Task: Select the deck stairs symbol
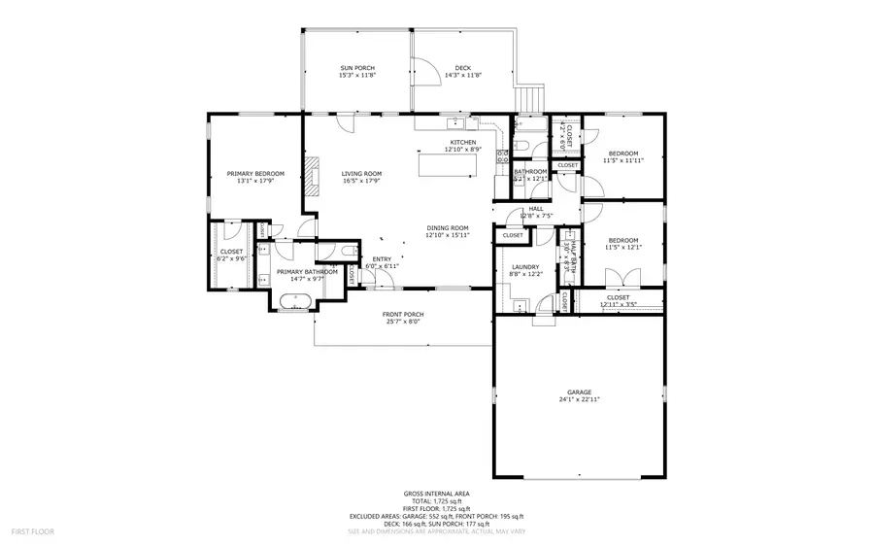[x=530, y=98]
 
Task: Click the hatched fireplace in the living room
[x=311, y=176]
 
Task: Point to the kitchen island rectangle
[x=448, y=164]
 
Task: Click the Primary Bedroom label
[x=255, y=173]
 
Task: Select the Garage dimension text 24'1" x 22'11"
[x=579, y=399]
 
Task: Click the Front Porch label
[x=402, y=314]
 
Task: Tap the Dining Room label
[x=448, y=228]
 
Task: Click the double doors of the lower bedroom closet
[x=615, y=280]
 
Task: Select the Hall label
[x=536, y=209]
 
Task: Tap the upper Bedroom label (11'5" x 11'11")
[x=623, y=154]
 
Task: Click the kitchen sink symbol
[x=455, y=123]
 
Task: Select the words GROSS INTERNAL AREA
[x=436, y=494]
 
